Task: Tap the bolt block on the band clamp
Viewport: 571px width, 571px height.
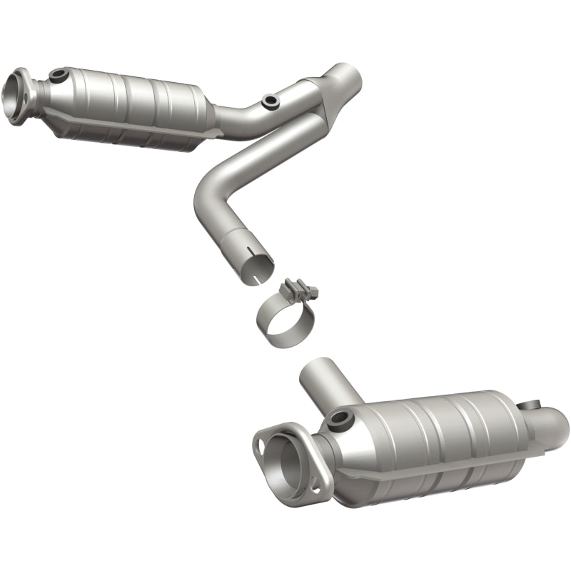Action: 300,290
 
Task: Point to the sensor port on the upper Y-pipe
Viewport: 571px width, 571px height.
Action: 269,102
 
